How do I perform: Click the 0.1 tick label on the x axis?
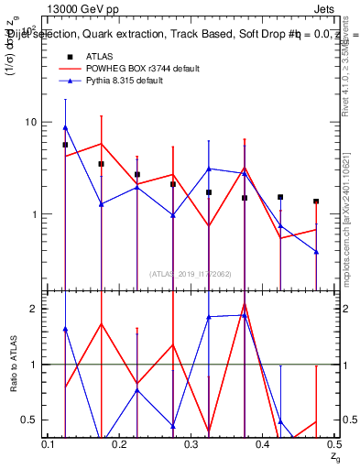click(x=50, y=444)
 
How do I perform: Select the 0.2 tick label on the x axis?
click(x=121, y=444)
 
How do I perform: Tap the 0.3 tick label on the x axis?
click(x=192, y=444)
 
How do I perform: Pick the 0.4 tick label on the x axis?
click(x=264, y=444)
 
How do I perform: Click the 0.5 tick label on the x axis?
click(x=334, y=444)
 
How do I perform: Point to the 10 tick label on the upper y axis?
click(x=29, y=123)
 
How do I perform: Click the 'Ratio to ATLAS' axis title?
click(x=13, y=365)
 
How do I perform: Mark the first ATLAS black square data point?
click(x=65, y=145)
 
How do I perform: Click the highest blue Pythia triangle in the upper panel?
click(x=65, y=127)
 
